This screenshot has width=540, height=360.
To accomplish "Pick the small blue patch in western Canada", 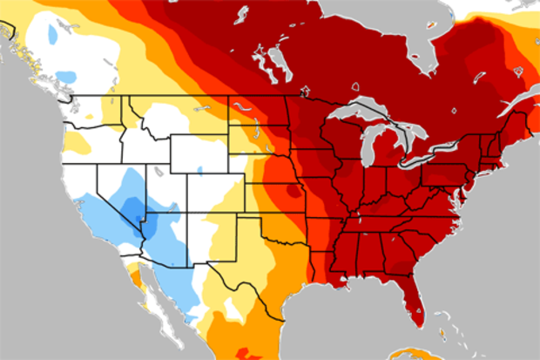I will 53,34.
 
